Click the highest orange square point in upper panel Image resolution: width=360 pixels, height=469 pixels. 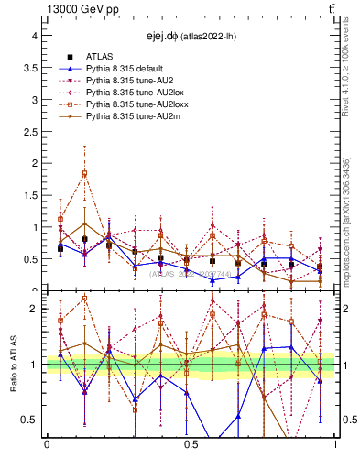click(x=84, y=173)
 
